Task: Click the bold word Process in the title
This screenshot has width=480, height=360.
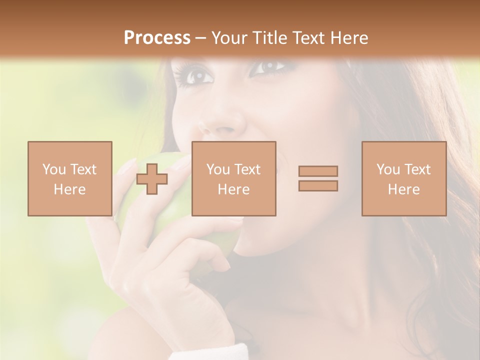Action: pyautogui.click(x=157, y=38)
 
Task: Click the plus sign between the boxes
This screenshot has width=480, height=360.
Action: pyautogui.click(x=152, y=179)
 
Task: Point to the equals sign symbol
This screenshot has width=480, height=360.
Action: pyautogui.click(x=318, y=178)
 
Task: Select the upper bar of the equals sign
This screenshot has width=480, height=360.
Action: pyautogui.click(x=318, y=171)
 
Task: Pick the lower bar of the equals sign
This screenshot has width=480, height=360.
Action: pyautogui.click(x=318, y=186)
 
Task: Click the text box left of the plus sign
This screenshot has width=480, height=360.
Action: pyautogui.click(x=69, y=178)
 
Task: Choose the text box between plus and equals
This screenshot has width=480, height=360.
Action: pyautogui.click(x=233, y=178)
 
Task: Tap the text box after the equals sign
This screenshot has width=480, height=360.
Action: pyautogui.click(x=403, y=178)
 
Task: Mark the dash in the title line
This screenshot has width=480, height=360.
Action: pyautogui.click(x=200, y=38)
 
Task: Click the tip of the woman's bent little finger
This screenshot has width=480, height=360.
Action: pyautogui.click(x=225, y=265)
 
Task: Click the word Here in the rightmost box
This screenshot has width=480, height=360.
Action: pyautogui.click(x=403, y=189)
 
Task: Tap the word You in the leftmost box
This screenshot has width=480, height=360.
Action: pyautogui.click(x=54, y=169)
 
